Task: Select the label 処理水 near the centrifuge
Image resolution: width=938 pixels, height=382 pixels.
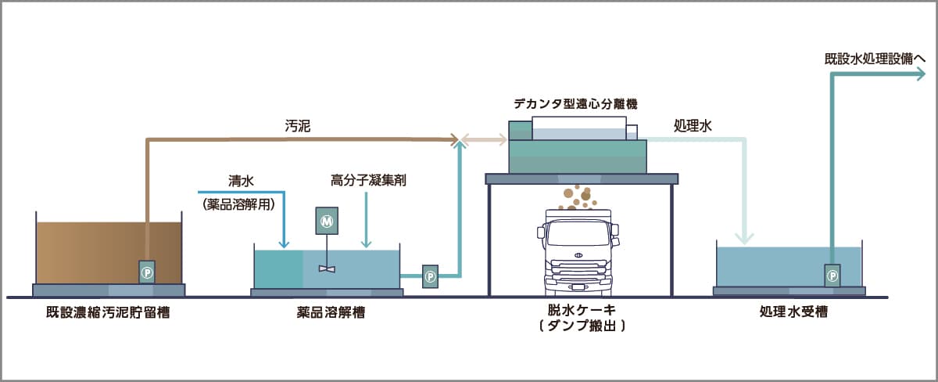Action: pyautogui.click(x=693, y=125)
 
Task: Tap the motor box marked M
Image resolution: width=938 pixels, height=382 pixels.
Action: pyautogui.click(x=326, y=222)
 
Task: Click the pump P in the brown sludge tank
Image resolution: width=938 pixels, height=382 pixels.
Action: pyautogui.click(x=147, y=272)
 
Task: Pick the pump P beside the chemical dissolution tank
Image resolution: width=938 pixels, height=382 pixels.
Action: pyautogui.click(x=430, y=276)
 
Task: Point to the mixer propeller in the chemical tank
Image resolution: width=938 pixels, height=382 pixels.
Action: pyautogui.click(x=327, y=268)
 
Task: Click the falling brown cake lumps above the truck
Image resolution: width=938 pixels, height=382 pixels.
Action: pyautogui.click(x=577, y=198)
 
